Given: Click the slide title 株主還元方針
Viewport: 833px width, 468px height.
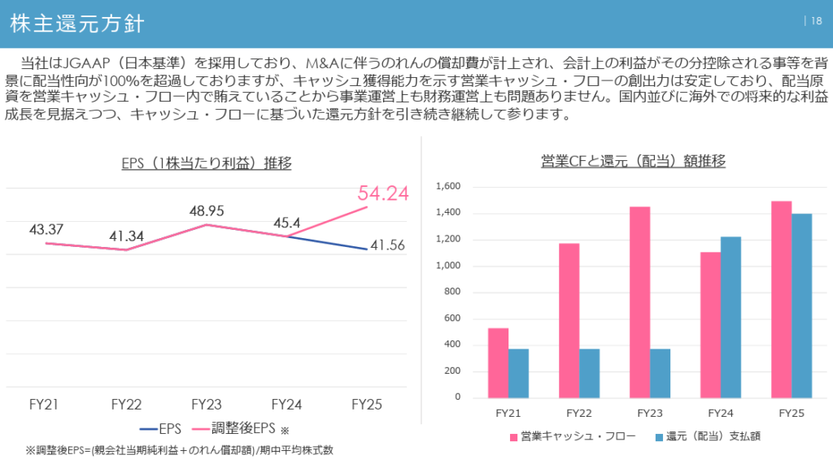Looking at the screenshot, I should click(x=77, y=24).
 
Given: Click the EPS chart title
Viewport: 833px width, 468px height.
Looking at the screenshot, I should click(x=206, y=162).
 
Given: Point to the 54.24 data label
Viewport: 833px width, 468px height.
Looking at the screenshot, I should click(x=382, y=193).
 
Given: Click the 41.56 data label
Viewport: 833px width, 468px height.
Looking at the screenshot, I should click(x=386, y=245).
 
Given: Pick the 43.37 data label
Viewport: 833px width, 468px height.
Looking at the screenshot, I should click(x=46, y=229).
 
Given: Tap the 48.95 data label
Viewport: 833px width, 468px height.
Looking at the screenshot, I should click(x=207, y=210).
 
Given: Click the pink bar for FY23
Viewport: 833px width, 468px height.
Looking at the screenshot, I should click(x=639, y=301).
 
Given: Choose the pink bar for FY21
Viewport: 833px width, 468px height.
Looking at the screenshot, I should click(x=498, y=362).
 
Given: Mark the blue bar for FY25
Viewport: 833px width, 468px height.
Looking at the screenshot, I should click(x=802, y=305).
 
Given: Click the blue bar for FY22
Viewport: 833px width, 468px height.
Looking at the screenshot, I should click(x=590, y=373).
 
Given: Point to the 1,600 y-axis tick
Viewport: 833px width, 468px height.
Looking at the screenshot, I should click(x=447, y=187).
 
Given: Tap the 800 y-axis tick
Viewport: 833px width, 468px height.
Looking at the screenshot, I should click(x=452, y=292).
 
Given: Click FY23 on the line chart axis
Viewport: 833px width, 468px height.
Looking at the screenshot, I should click(x=207, y=404).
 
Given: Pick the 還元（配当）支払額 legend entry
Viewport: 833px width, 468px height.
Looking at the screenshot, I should click(x=706, y=436).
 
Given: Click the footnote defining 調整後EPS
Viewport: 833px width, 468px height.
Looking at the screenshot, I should click(x=179, y=450).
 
